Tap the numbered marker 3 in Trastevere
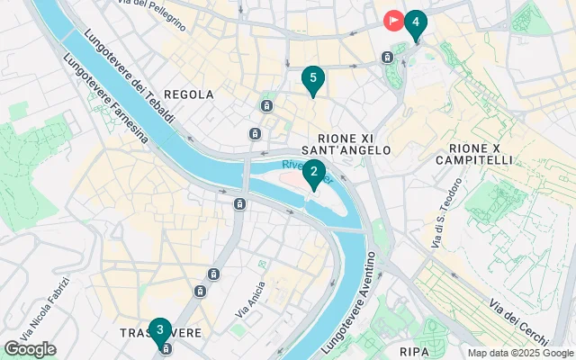[x=160, y=330]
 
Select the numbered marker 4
[x=415, y=22]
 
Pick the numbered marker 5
[x=312, y=79]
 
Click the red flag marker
[x=393, y=20]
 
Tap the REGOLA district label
[x=190, y=94]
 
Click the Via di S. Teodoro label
[x=443, y=216]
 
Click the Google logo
[x=30, y=349]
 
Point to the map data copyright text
[x=519, y=353]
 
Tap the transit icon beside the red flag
[x=387, y=58]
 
